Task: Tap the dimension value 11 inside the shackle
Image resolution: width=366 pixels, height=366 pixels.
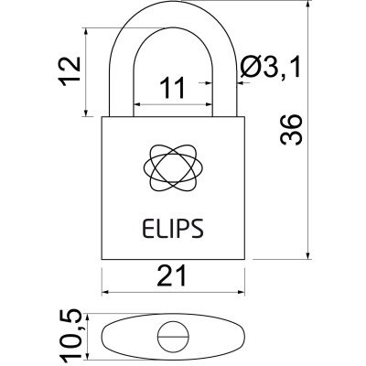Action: pos(172,88)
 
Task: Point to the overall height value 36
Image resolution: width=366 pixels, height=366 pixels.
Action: pos(291,135)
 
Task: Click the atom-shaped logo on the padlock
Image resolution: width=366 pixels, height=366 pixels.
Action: pos(172,166)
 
